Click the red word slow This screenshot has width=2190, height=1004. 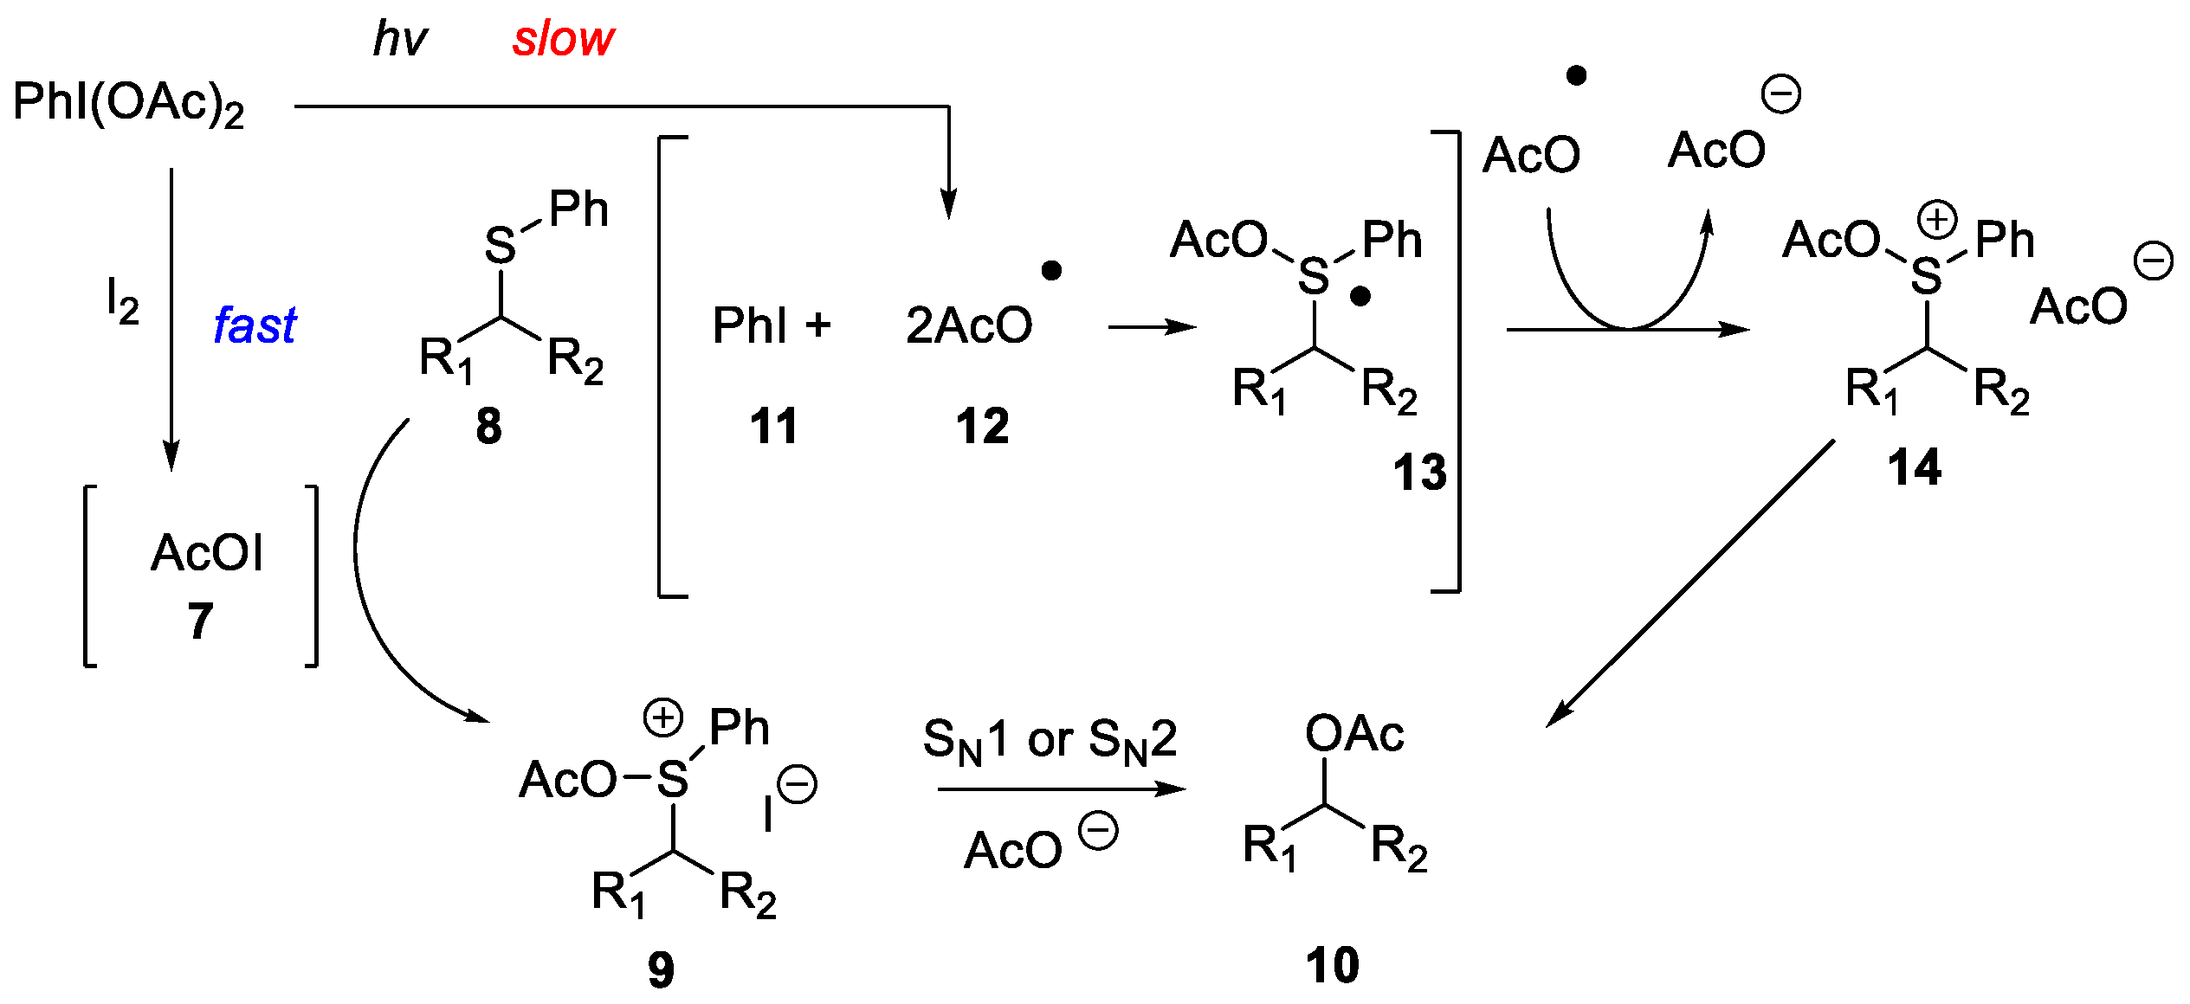click(563, 40)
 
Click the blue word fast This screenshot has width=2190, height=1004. click(255, 326)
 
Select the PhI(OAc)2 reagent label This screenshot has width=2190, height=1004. click(128, 103)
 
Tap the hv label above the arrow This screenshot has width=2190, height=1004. click(399, 40)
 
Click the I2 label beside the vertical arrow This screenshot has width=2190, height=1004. click(122, 301)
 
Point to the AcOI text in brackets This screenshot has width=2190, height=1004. click(206, 553)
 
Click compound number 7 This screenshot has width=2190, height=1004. click(200, 621)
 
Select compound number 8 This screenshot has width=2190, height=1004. click(488, 427)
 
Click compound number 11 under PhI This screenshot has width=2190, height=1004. click(773, 427)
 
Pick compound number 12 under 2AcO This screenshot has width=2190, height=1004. click(982, 427)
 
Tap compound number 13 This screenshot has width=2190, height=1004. click(1419, 473)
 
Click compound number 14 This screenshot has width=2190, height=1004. click(1914, 468)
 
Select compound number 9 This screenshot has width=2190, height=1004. click(661, 969)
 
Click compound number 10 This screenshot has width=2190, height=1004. click(1332, 965)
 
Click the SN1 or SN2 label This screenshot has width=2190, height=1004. click(1050, 741)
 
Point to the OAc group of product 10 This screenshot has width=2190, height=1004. click(1354, 734)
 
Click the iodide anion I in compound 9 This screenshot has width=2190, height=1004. click(767, 814)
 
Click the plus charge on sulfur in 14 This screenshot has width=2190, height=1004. click(1936, 220)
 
